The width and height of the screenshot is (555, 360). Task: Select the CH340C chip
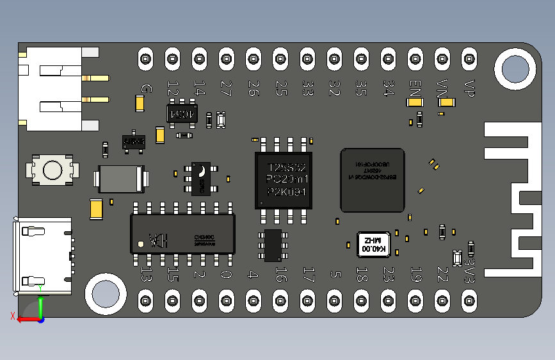182,231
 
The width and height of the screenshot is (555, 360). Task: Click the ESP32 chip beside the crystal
373,180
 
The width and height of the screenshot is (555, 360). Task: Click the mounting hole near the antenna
514,69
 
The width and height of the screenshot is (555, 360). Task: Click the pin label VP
469,88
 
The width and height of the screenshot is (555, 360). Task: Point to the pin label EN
415,87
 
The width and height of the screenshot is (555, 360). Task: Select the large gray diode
121,179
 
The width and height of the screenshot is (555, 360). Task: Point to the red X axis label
13,315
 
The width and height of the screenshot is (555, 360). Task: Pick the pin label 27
226,88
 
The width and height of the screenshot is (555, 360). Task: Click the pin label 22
442,274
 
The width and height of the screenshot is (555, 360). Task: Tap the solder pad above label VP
469,59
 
